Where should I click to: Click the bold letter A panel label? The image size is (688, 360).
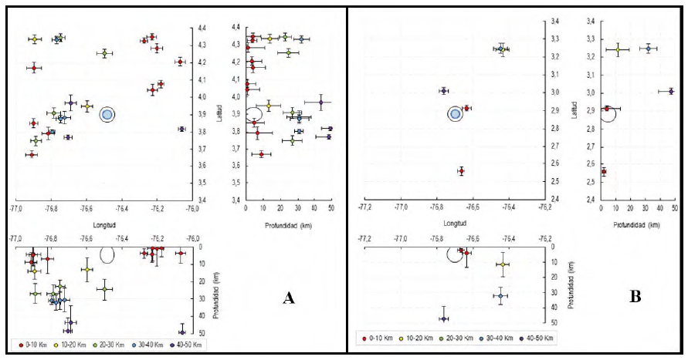pyautogui.click(x=289, y=298)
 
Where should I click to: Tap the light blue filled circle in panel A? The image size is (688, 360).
pyautogui.click(x=107, y=114)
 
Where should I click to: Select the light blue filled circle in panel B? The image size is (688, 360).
pyautogui.click(x=456, y=114)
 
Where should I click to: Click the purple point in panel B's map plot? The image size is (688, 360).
pyautogui.click(x=444, y=91)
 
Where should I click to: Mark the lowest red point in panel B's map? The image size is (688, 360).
pyautogui.click(x=461, y=171)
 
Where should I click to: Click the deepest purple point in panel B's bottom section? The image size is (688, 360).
pyautogui.click(x=444, y=318)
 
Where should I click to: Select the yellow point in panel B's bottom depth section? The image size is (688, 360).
pyautogui.click(x=503, y=264)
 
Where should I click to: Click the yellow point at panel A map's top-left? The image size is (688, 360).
pyautogui.click(x=35, y=39)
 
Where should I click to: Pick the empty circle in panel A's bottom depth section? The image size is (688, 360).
pyautogui.click(x=107, y=254)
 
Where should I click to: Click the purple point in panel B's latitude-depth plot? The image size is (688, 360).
pyautogui.click(x=671, y=91)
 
